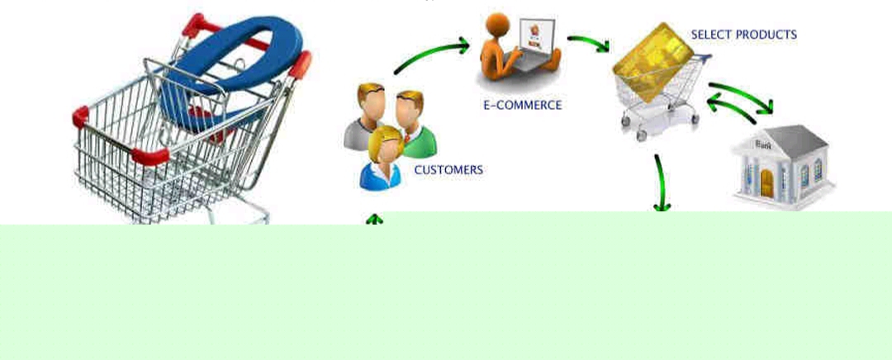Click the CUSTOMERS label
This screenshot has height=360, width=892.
click(x=448, y=169)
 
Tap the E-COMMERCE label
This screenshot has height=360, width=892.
click(x=522, y=105)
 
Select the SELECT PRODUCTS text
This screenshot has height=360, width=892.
click(x=743, y=35)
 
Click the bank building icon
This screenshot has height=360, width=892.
click(x=783, y=166)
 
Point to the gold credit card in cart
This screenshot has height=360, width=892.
click(x=654, y=62)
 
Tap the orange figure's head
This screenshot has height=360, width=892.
click(x=496, y=23)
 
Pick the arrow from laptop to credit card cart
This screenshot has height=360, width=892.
click(x=589, y=41)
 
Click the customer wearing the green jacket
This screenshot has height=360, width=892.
click(x=416, y=125)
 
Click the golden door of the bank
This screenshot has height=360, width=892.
click(x=766, y=183)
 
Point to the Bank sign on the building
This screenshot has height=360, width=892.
click(x=764, y=144)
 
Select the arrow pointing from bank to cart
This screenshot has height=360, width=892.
click(x=731, y=108)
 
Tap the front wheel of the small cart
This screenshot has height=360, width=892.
click(x=641, y=135)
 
